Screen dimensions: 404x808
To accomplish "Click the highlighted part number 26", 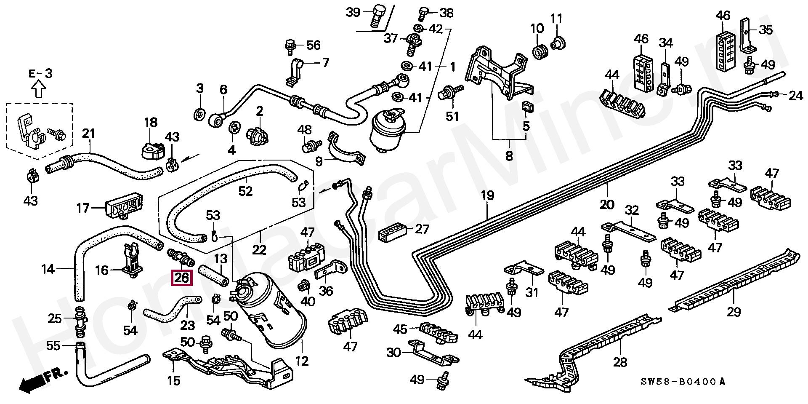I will point(181,278).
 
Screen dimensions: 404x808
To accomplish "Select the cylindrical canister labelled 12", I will point(269,312).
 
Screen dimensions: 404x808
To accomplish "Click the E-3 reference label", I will point(40,73).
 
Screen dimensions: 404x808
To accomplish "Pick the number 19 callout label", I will point(487,195).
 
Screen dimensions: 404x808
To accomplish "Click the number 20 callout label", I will point(607,205).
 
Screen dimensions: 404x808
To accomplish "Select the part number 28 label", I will point(620,362).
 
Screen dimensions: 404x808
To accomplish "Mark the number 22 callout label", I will point(259,250).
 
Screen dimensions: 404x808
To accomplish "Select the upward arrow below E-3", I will point(39,89).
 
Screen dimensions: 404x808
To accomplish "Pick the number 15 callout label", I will point(173,381).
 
